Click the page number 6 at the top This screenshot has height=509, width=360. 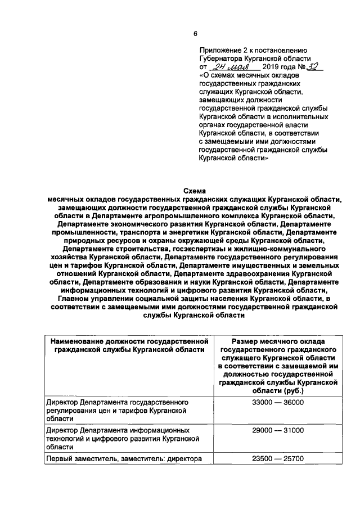click(x=195, y=34)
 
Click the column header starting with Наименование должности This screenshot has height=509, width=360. click(x=129, y=345)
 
